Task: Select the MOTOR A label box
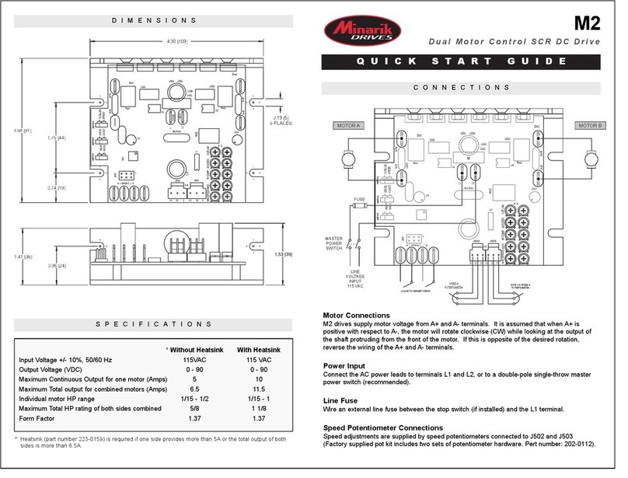349,124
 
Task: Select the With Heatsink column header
259,350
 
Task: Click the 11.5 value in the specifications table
259,387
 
